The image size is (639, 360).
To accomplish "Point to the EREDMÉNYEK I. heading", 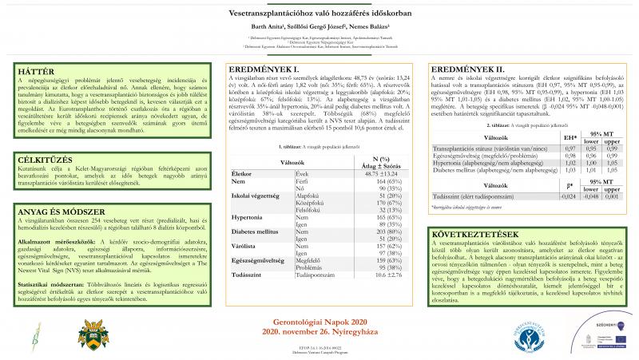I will tap(259, 69).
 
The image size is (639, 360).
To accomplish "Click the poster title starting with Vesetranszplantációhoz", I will tap(319, 14).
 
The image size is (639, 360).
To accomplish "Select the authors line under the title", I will tap(319, 27).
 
